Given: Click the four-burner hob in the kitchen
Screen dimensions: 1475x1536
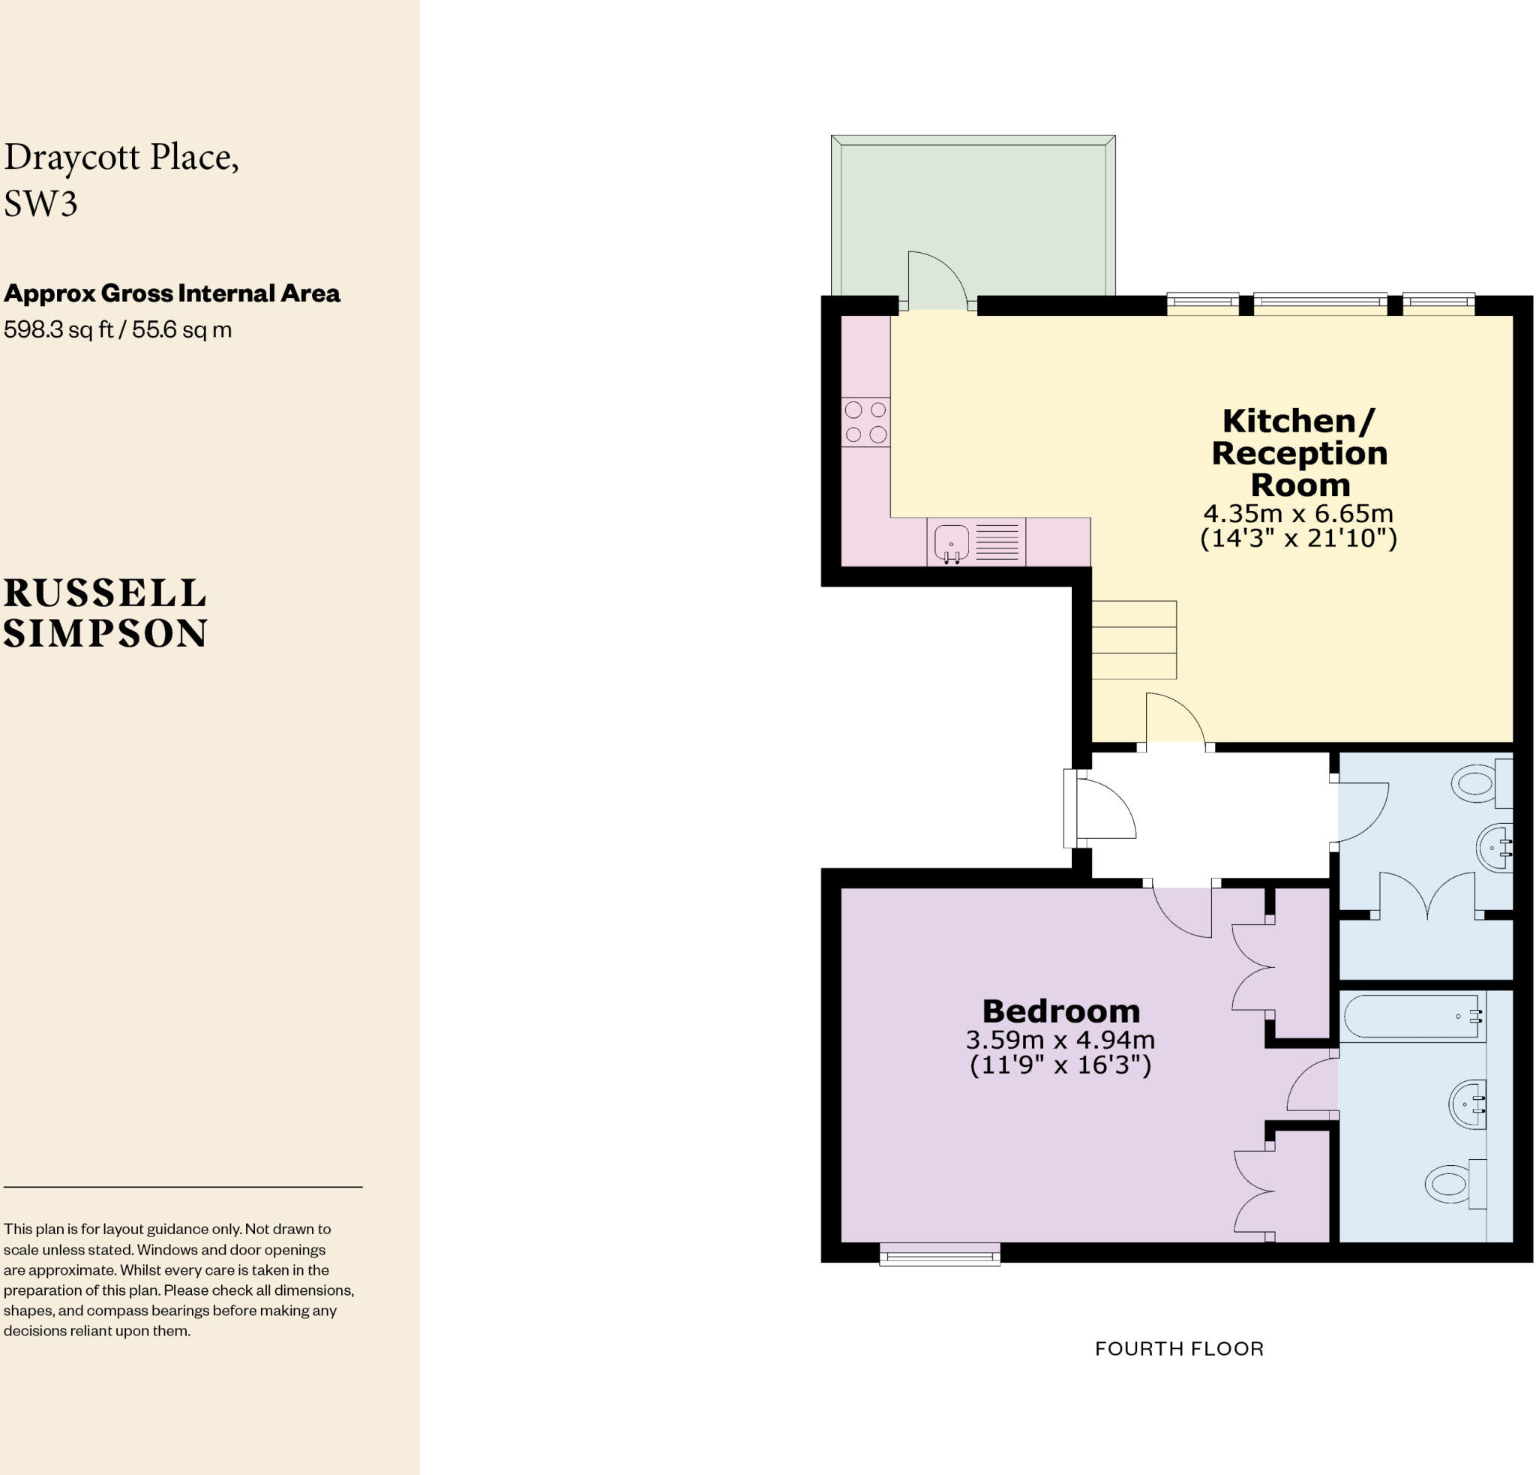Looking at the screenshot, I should [866, 422].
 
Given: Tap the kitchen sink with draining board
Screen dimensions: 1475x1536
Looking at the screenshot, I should [976, 541].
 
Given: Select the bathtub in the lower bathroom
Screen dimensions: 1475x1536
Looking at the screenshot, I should [1411, 1017].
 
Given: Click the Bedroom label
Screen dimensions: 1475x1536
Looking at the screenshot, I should [1060, 1011].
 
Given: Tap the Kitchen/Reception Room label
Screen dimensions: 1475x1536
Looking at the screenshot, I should [1299, 453].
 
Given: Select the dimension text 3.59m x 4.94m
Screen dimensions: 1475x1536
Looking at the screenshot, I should [1060, 1040].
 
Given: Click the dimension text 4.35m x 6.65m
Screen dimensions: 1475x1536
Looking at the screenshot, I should [1298, 513].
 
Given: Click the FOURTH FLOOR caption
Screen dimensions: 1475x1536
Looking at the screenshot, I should [1179, 1349].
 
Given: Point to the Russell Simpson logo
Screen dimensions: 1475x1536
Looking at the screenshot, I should [105, 613].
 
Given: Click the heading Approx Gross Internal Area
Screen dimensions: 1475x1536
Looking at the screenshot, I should [172, 293].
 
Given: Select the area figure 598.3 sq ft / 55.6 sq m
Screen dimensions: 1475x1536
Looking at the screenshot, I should [118, 329].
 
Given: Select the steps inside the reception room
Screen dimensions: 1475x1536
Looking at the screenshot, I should [1135, 639].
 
